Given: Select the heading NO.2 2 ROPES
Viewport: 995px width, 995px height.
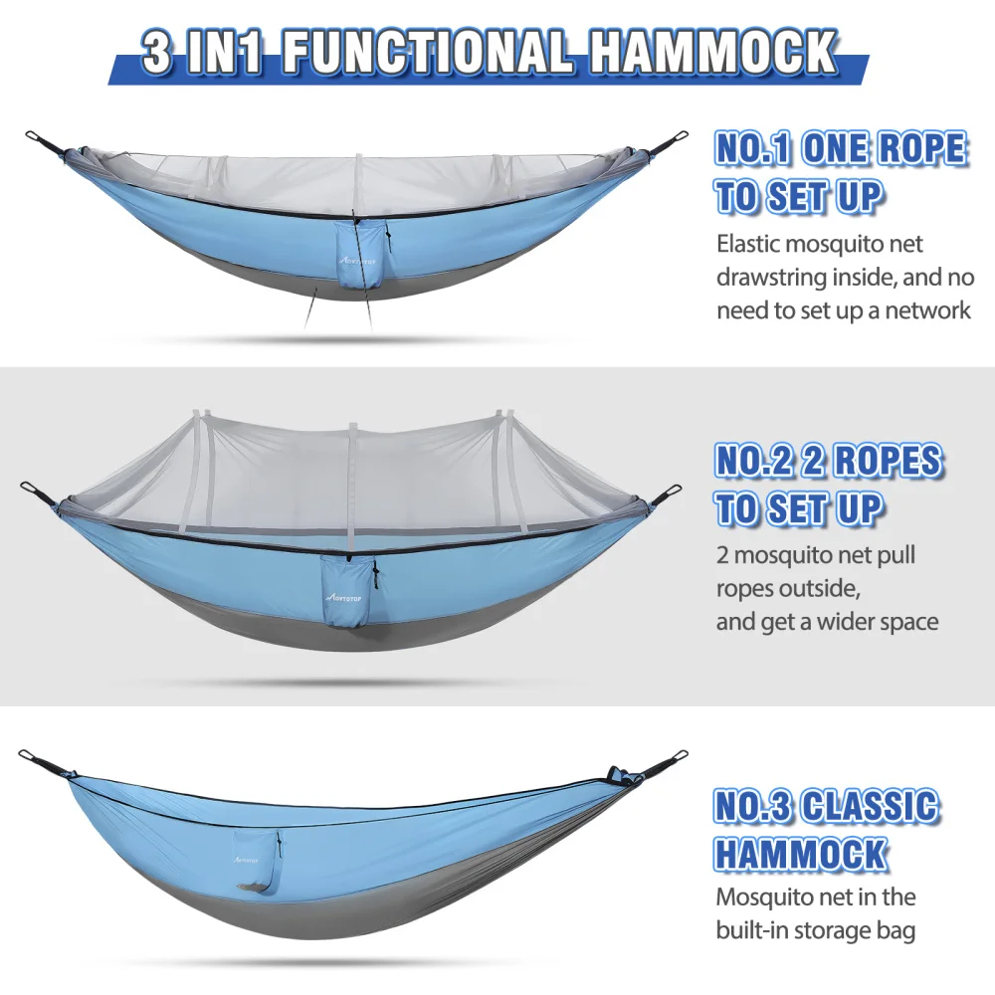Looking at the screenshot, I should (828, 461).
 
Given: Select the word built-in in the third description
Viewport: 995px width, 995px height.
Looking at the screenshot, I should (753, 931).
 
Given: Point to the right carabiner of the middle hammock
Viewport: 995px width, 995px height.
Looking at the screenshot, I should (673, 492).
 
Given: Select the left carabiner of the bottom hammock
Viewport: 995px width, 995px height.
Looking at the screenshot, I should (30, 757).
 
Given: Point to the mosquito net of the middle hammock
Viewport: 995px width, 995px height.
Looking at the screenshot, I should (348, 458).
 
